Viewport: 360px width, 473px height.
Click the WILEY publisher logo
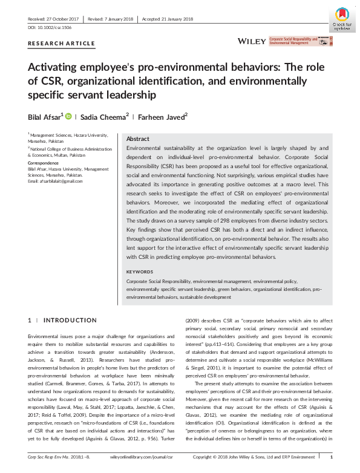click(252, 41)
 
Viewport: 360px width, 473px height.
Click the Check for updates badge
click(342, 18)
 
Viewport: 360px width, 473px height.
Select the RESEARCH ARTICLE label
click(62, 44)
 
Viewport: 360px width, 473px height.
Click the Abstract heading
click(139, 138)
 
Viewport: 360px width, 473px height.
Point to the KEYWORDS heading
click(140, 272)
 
